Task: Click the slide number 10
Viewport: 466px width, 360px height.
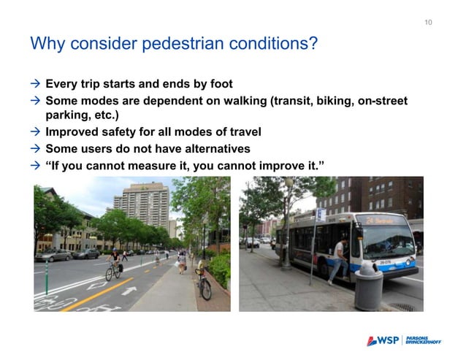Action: [428, 23]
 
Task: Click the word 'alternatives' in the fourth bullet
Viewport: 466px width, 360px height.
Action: [228, 148]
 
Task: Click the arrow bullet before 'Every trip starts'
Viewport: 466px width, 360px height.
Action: [34, 84]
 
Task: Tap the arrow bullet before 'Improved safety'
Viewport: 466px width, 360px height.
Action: [34, 132]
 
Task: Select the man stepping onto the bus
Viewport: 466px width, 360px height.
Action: [338, 259]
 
